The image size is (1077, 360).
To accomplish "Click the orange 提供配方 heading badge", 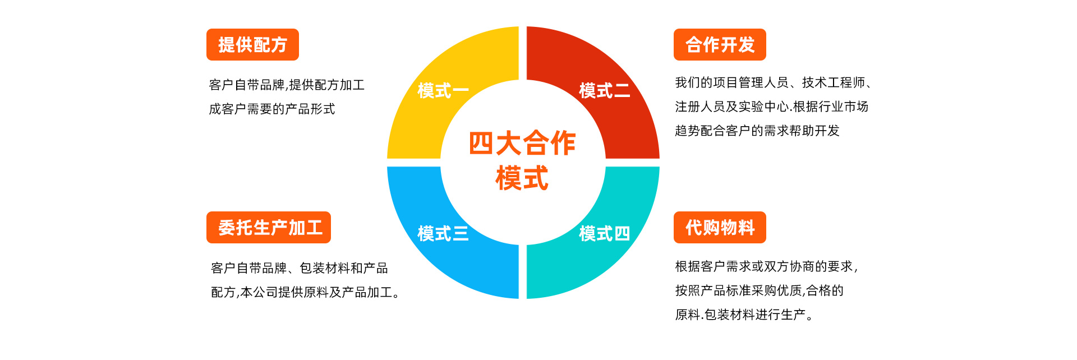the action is tap(252, 45).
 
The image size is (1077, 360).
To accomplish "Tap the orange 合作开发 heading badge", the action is tap(720, 45).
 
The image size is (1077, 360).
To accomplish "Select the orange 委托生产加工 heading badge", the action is tap(269, 228).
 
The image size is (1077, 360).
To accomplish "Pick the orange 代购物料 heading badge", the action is tap(720, 228).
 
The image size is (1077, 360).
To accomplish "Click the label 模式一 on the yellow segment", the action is tap(443, 90).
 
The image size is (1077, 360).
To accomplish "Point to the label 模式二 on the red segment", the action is tap(605, 90).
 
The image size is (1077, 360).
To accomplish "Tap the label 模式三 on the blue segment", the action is tap(443, 233).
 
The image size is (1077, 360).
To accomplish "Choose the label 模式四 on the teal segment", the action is tap(605, 233).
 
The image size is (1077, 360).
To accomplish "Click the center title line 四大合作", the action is tap(522, 143).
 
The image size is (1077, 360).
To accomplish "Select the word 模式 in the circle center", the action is tap(522, 178).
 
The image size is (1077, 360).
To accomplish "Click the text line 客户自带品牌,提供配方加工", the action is tap(287, 85).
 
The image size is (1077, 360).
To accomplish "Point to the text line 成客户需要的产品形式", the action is tap(272, 109).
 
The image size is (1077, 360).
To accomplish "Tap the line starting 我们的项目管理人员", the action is tap(774, 83).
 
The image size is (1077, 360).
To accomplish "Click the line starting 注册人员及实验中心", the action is tap(772, 107).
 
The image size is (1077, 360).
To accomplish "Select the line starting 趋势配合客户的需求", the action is tap(757, 131).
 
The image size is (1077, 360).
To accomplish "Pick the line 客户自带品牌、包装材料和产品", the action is tap(300, 268).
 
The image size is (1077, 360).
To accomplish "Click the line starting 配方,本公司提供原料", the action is tap(306, 292).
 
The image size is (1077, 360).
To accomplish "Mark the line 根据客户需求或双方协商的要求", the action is tap(767, 266).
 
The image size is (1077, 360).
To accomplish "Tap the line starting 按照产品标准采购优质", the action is tap(760, 290).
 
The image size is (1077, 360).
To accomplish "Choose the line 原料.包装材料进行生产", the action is tap(744, 315).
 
